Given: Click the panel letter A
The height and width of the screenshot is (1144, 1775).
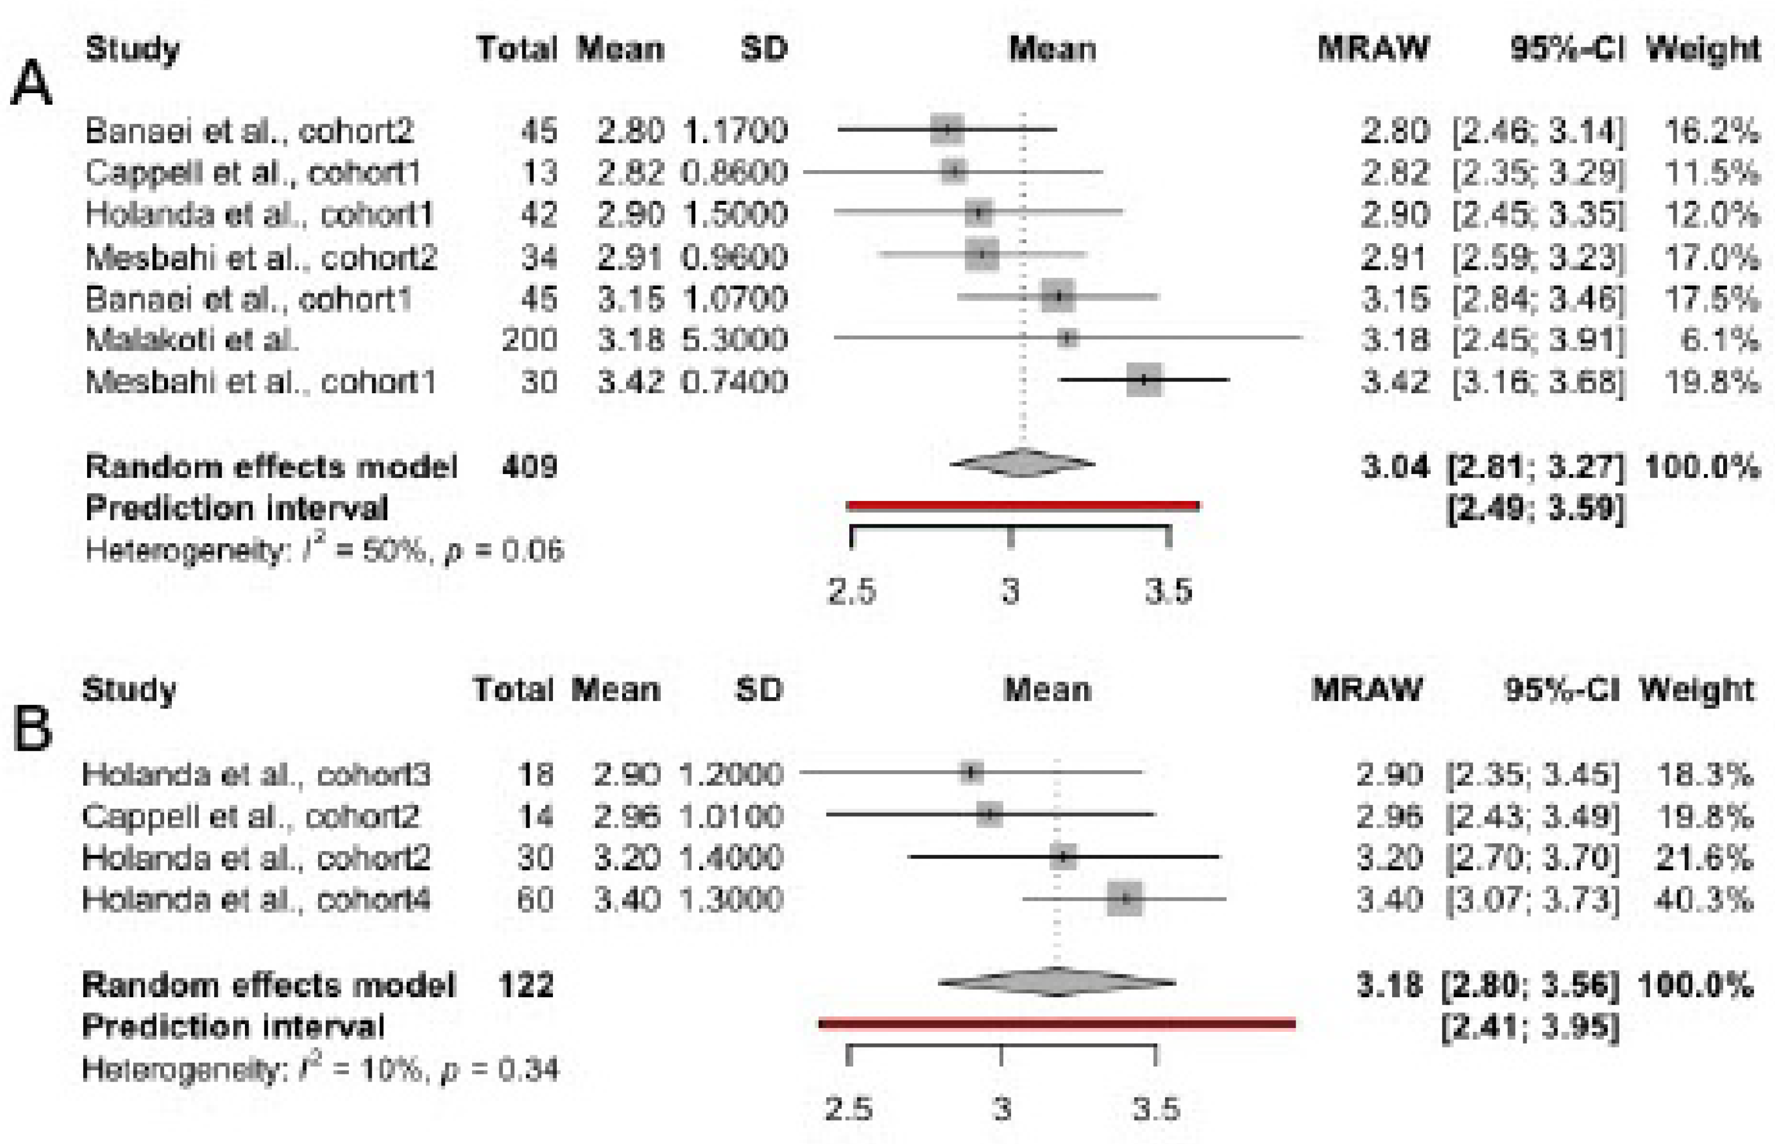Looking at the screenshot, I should coord(31,84).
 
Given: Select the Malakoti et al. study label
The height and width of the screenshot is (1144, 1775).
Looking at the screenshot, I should coord(192,340).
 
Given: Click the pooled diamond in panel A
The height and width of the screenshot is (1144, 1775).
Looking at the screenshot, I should coord(1022,464).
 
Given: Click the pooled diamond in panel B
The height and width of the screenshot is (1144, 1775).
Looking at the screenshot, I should coord(1056,983).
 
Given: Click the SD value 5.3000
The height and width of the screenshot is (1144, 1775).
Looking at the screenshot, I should coord(734,340).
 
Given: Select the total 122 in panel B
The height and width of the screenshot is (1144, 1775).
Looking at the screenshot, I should coord(526,986).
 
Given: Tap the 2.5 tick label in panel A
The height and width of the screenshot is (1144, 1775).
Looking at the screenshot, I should coord(852,592).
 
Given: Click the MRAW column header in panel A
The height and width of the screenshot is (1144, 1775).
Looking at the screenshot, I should coord(1373,49).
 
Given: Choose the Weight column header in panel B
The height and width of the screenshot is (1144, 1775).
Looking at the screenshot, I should coord(1696,690).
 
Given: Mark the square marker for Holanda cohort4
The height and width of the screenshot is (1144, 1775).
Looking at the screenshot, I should coord(1125,899).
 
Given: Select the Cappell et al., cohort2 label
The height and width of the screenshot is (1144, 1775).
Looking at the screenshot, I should coord(251,817).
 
